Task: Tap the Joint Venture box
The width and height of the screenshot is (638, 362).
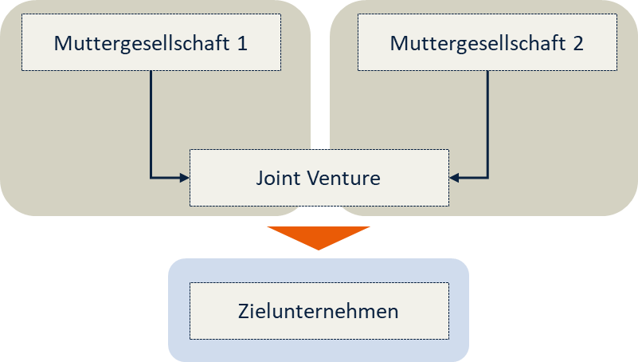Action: tap(319, 177)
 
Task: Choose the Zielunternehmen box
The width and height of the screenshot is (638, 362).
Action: tap(319, 311)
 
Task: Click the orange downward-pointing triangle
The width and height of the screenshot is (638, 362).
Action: tap(319, 236)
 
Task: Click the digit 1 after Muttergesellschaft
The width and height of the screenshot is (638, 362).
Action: tap(241, 43)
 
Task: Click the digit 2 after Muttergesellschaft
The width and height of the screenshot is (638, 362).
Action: tap(577, 43)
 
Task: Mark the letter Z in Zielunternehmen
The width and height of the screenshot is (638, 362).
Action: tap(244, 311)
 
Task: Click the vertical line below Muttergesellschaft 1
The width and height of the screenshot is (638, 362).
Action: tap(151, 120)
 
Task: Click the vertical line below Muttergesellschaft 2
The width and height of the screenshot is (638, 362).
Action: tap(487, 120)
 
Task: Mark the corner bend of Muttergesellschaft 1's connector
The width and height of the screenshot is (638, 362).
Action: tap(151, 178)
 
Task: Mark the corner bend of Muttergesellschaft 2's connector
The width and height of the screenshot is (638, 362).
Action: tap(487, 178)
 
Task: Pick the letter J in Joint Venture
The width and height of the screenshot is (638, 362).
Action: tap(260, 178)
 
